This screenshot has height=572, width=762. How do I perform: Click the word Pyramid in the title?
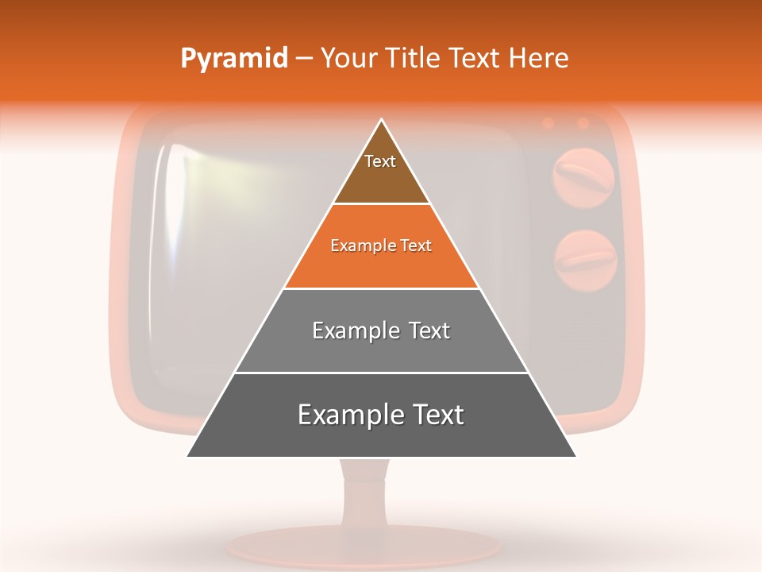point(234,59)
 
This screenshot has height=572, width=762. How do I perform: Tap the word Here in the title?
point(539,59)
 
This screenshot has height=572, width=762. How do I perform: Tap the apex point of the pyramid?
point(382,120)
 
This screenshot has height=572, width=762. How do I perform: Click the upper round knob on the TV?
point(584,176)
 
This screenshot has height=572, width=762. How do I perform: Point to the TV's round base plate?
point(365,547)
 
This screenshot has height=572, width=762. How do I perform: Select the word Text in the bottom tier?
point(436,415)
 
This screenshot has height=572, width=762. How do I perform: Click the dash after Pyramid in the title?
point(304,59)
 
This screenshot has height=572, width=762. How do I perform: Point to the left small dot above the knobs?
point(548,123)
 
